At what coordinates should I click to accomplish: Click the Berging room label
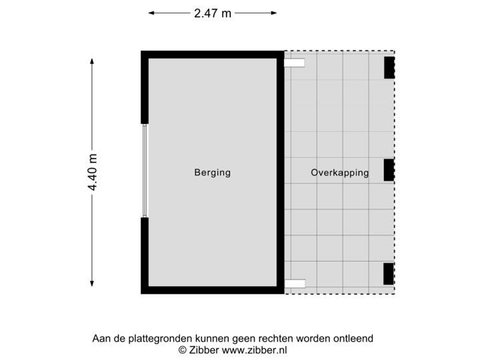point(212,173)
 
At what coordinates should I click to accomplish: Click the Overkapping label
point(339,173)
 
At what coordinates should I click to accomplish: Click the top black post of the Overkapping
point(389,67)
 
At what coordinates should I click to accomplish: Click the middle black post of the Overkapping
point(389,170)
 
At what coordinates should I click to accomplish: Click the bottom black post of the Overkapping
point(389,273)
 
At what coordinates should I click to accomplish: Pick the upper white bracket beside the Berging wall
point(295,63)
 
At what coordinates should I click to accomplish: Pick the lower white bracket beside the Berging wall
point(295,283)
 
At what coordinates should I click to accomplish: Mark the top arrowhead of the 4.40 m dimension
point(93,60)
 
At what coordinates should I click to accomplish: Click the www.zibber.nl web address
point(255,349)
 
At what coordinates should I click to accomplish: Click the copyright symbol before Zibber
point(181,349)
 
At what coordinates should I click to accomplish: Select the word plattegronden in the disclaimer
point(151,339)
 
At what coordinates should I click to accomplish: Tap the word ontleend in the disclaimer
point(355,339)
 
